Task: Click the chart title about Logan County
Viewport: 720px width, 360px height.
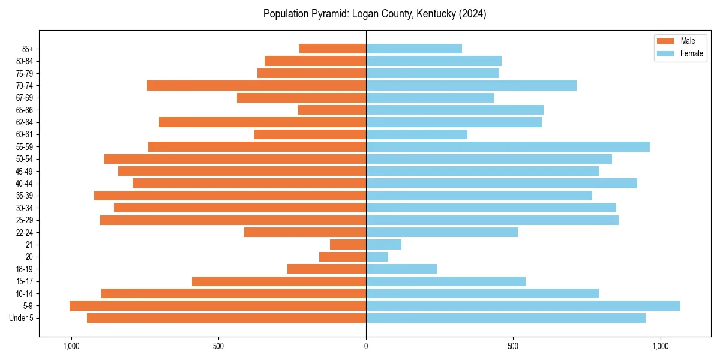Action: tap(374, 14)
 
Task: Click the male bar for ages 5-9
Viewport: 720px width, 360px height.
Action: tap(218, 306)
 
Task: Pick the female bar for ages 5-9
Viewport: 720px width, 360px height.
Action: tap(523, 306)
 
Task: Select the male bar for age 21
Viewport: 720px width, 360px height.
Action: tap(348, 245)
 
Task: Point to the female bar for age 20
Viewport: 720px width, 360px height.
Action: tap(377, 257)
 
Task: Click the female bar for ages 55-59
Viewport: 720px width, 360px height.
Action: tap(508, 147)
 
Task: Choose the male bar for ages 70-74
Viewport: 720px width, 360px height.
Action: tap(256, 86)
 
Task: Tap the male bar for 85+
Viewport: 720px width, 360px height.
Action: tap(332, 49)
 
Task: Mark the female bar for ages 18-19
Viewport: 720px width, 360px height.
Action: tap(401, 269)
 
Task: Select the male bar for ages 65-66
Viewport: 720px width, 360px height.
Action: tap(332, 110)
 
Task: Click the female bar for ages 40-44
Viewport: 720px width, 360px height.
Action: tap(502, 184)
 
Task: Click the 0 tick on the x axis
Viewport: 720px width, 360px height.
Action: tap(366, 346)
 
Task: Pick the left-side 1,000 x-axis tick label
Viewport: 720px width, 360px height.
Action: tap(71, 346)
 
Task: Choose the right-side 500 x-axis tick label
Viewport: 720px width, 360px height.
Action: tap(513, 346)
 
